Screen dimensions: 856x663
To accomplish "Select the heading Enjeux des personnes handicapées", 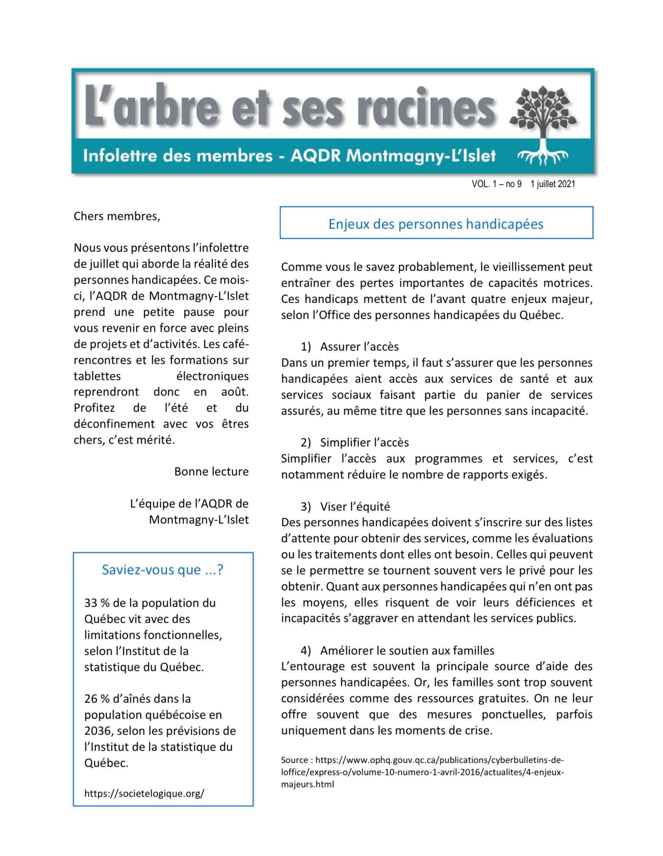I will coord(436,224).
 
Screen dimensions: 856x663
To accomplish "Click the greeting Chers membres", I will coord(117,216).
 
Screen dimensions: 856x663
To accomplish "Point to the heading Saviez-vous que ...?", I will coord(163,569).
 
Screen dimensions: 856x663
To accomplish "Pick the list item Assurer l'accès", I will coord(359,346).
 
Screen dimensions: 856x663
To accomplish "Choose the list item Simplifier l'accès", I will coord(364,442).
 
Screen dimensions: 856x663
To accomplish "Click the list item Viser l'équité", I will coord(355,506).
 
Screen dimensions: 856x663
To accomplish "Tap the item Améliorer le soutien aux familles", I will coord(407,650).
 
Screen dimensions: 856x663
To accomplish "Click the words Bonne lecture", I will coord(211,471).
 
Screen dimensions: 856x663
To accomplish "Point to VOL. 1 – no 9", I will coord(496,184).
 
